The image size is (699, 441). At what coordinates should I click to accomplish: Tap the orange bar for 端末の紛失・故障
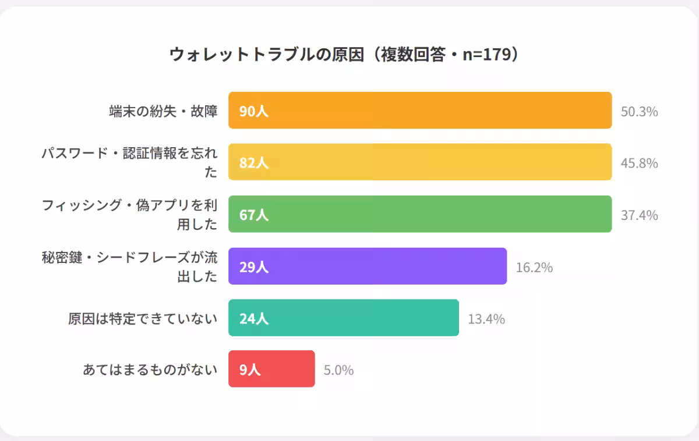coord(419,111)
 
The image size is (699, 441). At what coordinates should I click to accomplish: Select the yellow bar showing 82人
coord(419,162)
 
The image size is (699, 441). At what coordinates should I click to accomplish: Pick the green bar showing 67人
coord(419,214)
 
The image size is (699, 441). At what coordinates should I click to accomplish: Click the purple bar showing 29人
coord(367,266)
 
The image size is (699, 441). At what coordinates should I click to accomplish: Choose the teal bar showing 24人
coord(344,318)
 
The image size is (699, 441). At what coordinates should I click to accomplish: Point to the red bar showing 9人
coord(271,369)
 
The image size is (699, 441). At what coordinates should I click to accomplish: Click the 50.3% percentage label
coord(639,112)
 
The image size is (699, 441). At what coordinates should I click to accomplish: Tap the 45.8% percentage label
coord(639,163)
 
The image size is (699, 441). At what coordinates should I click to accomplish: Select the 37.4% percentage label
coord(639,215)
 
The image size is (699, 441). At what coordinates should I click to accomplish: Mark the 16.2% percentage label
coord(534,268)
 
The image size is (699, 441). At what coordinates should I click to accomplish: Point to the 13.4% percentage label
coord(486,319)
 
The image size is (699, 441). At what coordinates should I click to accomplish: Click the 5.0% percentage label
coord(338,370)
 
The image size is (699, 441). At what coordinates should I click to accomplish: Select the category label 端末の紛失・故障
coord(163,111)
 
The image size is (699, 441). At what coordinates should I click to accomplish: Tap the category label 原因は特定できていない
coord(143,319)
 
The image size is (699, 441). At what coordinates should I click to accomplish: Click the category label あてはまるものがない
coord(150,369)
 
